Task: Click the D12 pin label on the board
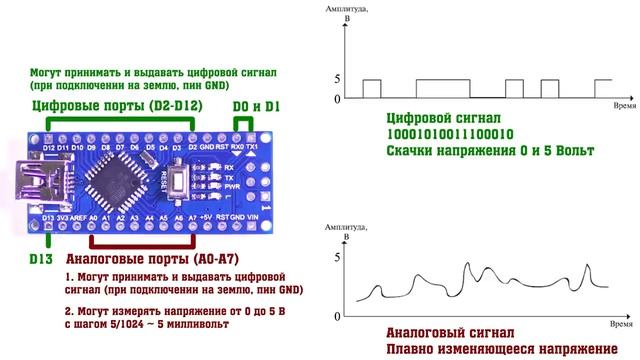point(49,148)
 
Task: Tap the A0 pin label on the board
point(93,215)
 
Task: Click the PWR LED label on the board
point(229,186)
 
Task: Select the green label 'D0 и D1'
point(257,105)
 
